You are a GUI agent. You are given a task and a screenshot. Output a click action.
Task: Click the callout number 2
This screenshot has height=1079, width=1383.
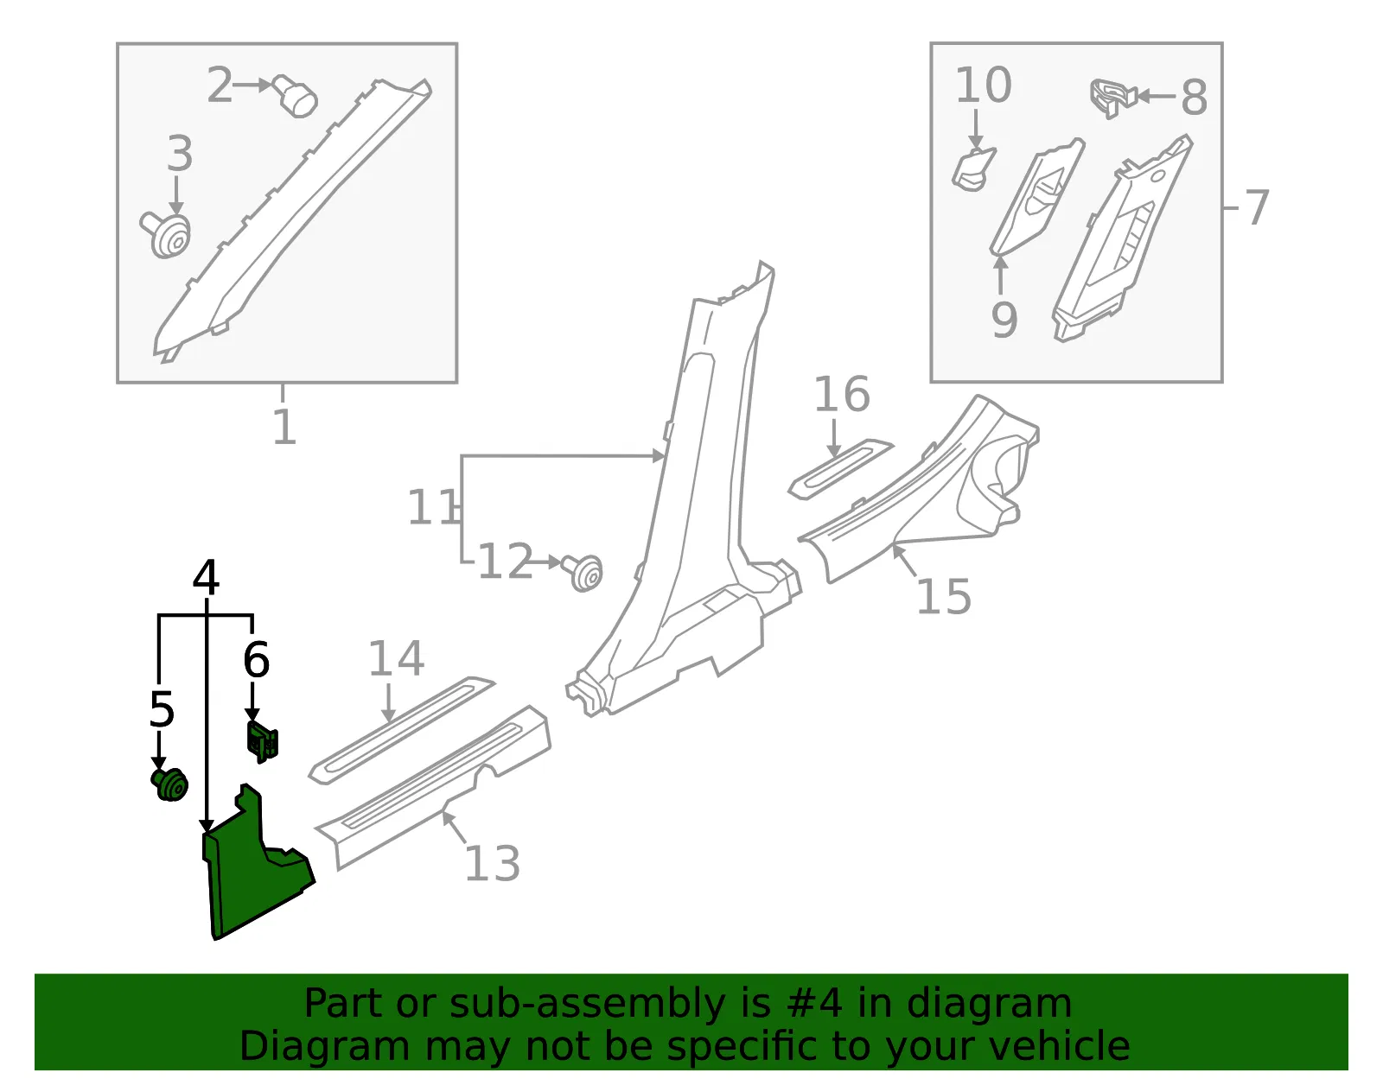click(220, 86)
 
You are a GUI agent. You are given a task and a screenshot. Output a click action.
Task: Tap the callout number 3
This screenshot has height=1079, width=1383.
click(180, 153)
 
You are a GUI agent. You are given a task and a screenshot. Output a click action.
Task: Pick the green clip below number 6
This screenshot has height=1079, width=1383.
click(262, 740)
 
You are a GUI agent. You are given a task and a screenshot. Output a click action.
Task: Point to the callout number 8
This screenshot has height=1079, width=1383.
click(1194, 98)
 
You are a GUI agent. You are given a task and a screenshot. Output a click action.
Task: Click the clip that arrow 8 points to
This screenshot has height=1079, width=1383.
click(1112, 98)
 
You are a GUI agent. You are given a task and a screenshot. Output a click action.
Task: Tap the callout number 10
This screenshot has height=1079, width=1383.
click(984, 86)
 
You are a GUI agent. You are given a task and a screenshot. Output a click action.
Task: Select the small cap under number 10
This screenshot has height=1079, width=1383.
click(974, 169)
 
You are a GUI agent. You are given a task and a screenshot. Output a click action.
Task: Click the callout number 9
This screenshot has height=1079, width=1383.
click(1004, 319)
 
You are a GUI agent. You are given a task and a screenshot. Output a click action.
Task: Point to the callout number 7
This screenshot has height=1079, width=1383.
click(1257, 207)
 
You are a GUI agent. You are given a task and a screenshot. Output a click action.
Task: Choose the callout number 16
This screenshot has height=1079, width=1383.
click(841, 394)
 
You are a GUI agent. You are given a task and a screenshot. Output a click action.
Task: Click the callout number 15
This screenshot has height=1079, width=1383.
click(944, 596)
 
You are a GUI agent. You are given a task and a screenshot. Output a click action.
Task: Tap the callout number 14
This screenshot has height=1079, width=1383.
click(396, 659)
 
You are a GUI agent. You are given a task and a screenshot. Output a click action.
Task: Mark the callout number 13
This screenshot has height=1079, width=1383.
click(493, 863)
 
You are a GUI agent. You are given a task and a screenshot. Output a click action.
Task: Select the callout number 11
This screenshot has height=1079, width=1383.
click(433, 507)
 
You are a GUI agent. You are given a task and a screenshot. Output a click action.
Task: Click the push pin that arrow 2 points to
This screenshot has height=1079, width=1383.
click(295, 97)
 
